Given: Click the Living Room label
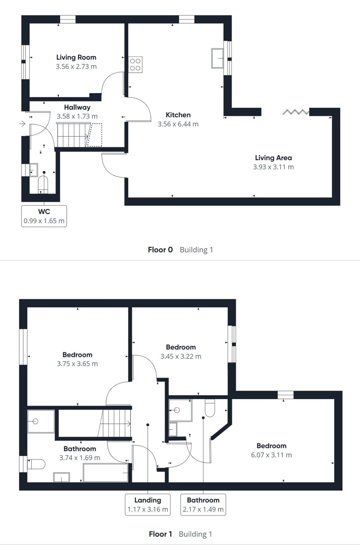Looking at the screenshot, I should (x=76, y=57).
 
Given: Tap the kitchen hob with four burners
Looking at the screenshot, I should (x=135, y=64).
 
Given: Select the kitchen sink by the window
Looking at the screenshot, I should (x=217, y=58).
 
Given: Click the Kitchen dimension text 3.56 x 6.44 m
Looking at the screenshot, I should (x=178, y=124).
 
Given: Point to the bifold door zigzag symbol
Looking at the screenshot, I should (x=296, y=112).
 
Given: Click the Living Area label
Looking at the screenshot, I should (x=273, y=158).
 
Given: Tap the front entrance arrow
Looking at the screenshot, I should (x=22, y=124).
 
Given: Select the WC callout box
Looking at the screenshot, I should (x=44, y=216).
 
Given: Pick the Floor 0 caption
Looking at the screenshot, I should (x=160, y=250).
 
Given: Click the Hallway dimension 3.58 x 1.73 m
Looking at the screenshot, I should (x=77, y=116).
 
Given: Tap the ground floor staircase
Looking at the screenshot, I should (x=73, y=135).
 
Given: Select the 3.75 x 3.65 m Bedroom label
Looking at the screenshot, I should (x=77, y=355).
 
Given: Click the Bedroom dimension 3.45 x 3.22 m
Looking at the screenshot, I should (x=181, y=356).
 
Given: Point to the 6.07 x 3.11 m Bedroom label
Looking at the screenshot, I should (x=271, y=446).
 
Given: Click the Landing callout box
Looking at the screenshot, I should (x=148, y=505).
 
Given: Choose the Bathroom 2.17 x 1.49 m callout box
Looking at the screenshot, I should (x=203, y=505).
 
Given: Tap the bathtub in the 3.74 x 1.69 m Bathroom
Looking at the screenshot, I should (x=106, y=473).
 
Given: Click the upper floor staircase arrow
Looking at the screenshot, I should (x=128, y=424).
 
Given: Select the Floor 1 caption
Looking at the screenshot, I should (x=160, y=534).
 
